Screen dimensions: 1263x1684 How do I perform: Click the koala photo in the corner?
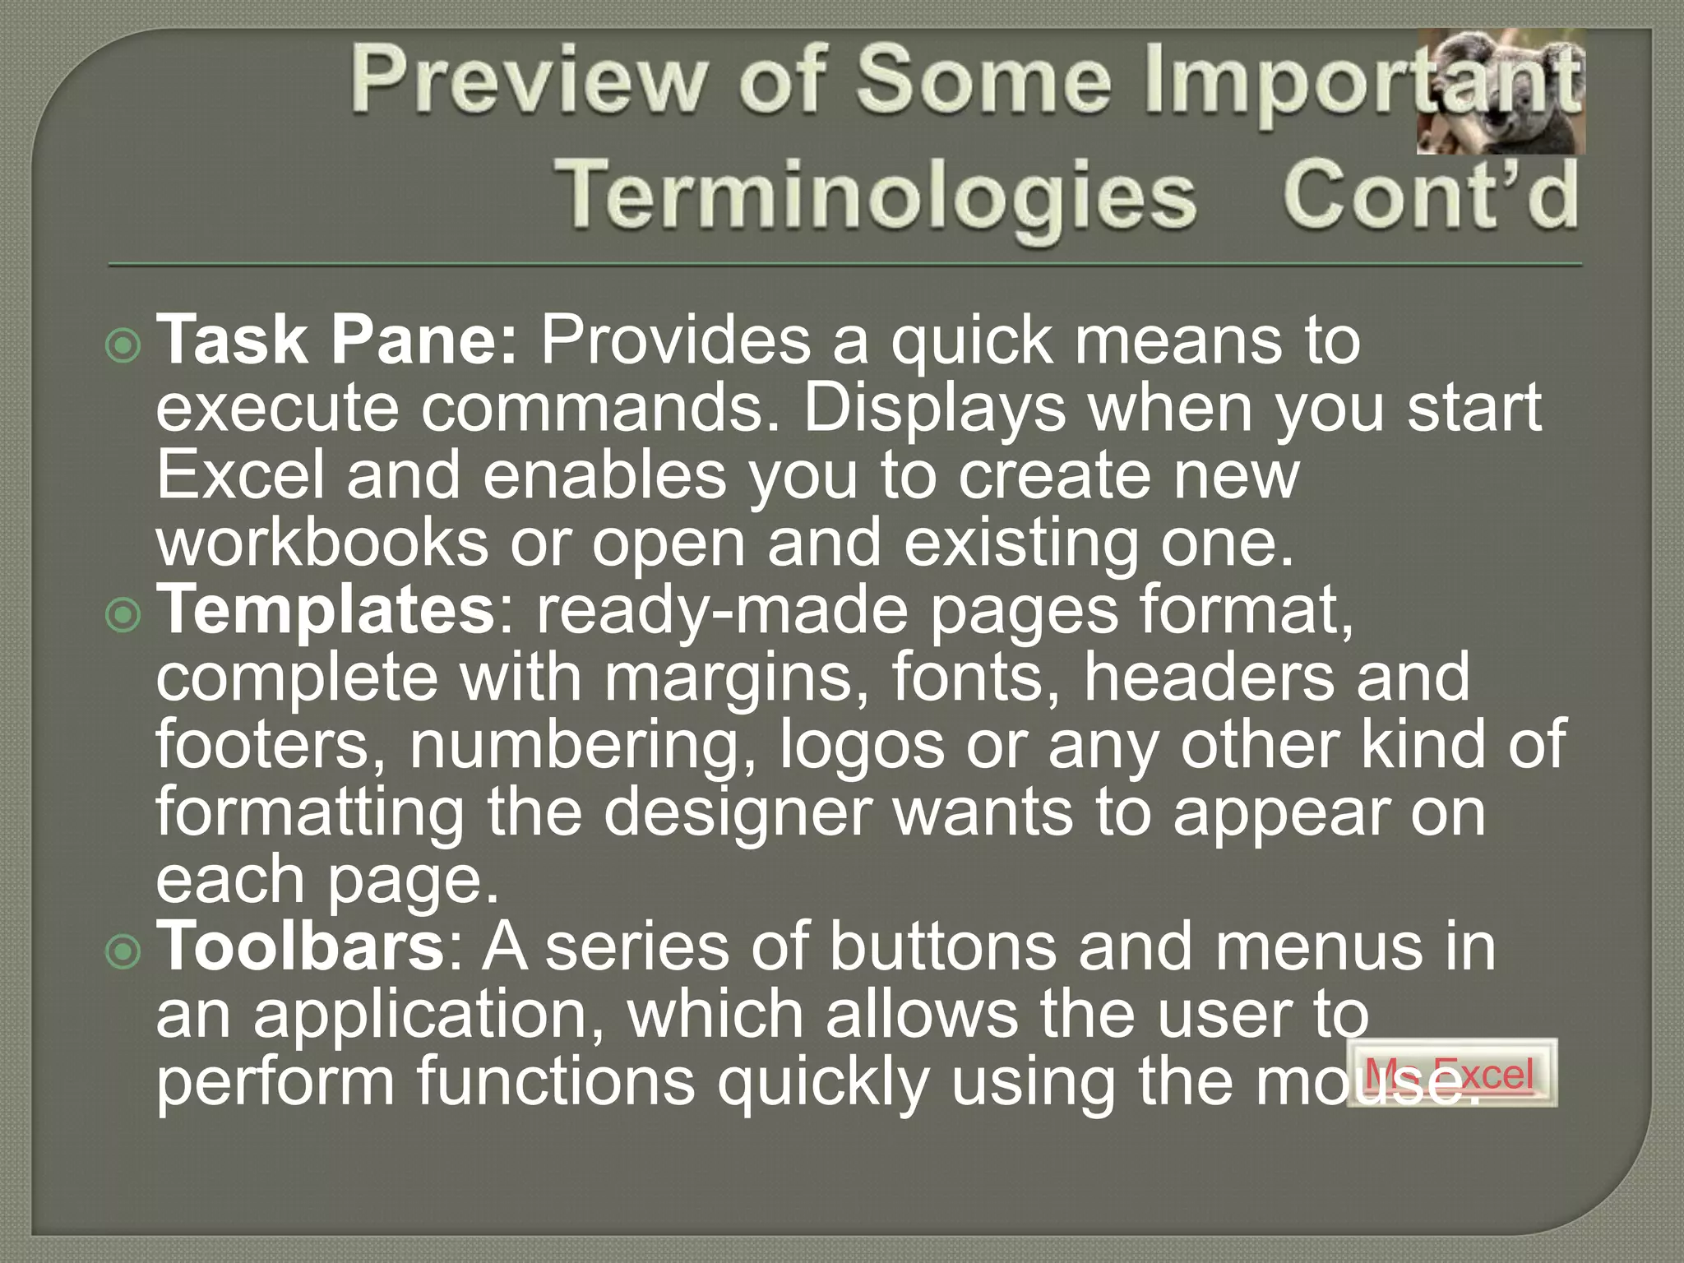coord(1501,92)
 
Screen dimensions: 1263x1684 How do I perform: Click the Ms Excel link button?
coord(1451,1073)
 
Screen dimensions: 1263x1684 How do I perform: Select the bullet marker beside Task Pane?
coord(124,345)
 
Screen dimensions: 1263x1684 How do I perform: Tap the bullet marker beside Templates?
coord(124,614)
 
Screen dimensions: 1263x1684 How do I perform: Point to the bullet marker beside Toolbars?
coord(124,951)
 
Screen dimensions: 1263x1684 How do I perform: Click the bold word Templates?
coord(326,612)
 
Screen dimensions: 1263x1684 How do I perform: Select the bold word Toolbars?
coord(301,948)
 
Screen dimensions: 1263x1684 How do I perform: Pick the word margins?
coord(737,678)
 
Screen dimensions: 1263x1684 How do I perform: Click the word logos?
coord(862,746)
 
